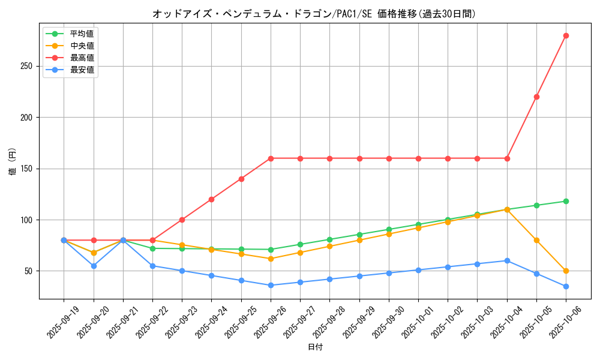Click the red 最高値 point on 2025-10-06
(x=566, y=35)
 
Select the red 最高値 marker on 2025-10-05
(x=536, y=97)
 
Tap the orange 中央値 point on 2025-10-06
(x=566, y=271)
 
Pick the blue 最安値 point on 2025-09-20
(x=94, y=266)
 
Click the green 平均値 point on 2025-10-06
(x=566, y=201)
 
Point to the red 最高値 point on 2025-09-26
(x=271, y=158)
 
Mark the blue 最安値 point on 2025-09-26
(x=271, y=285)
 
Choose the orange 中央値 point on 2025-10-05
(x=536, y=240)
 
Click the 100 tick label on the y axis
(x=26, y=220)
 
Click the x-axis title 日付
(x=315, y=347)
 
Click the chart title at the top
(x=314, y=14)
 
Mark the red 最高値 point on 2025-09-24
(x=211, y=199)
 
